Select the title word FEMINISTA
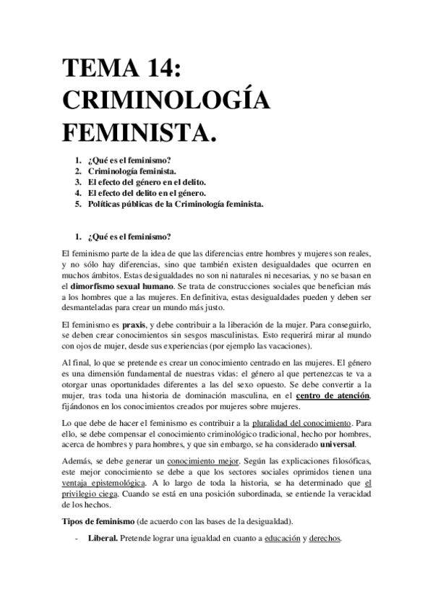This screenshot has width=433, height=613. coord(140,134)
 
